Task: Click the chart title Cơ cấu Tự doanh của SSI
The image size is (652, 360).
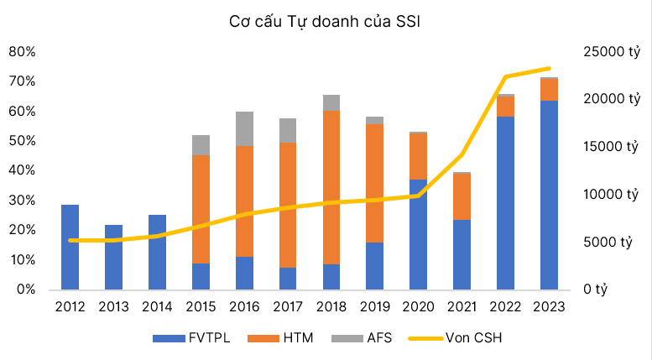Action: [325, 22]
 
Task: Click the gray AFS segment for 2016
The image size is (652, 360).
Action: [244, 128]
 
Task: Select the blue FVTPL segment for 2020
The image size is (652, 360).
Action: [419, 234]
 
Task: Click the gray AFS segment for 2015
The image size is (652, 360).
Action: [201, 145]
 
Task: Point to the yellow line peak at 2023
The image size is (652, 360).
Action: [549, 69]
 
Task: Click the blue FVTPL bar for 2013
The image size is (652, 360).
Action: [114, 257]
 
